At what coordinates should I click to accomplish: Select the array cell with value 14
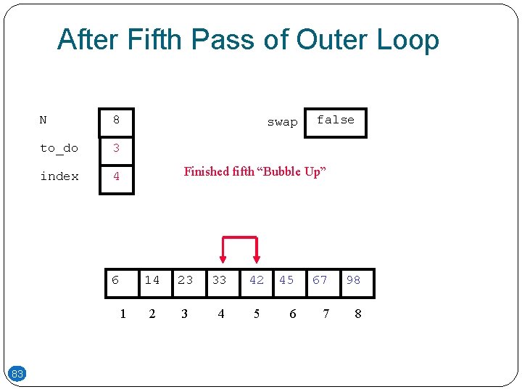click(x=153, y=281)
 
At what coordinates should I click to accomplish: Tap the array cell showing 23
click(x=186, y=281)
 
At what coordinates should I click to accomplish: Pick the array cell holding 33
click(x=220, y=281)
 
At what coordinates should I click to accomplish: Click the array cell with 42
click(x=257, y=281)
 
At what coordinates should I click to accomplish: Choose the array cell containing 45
click(x=287, y=281)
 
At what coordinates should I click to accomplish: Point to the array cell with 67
click(x=320, y=281)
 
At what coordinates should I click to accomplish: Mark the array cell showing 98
click(x=354, y=281)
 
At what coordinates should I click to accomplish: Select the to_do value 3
click(x=116, y=149)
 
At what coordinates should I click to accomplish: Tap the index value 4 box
click(x=116, y=176)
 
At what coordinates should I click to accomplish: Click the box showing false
click(x=336, y=122)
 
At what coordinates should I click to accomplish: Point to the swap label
click(x=282, y=122)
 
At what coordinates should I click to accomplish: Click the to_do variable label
click(x=59, y=148)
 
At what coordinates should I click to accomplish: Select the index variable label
click(x=59, y=176)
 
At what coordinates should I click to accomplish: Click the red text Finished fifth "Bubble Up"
click(x=255, y=171)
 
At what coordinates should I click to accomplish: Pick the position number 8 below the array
click(x=357, y=314)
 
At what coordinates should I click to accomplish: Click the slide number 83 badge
click(x=17, y=374)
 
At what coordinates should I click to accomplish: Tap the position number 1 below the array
click(x=123, y=314)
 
